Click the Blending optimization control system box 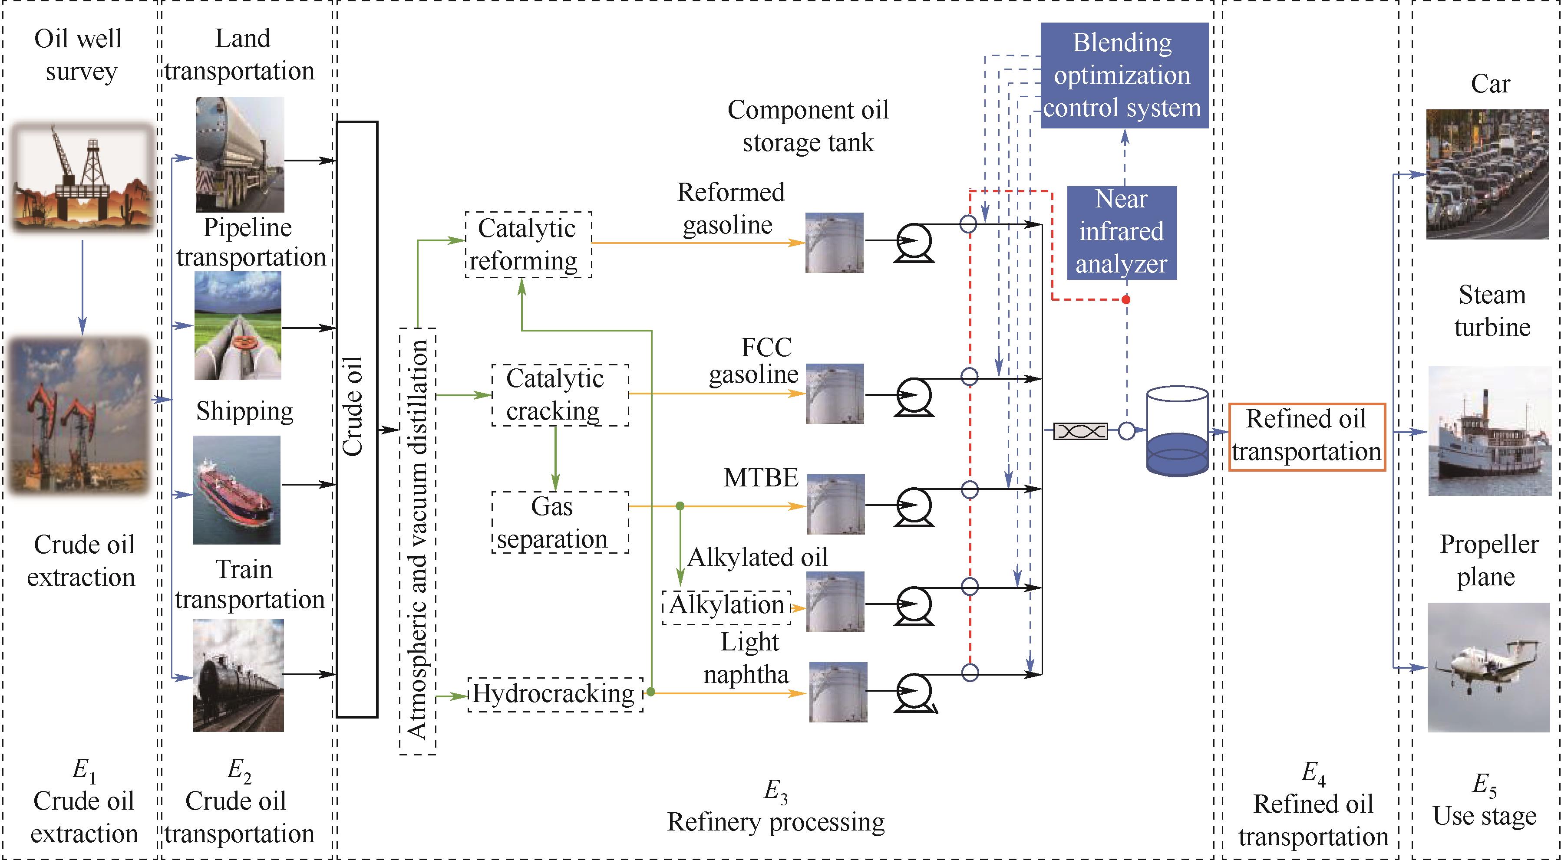tap(1124, 75)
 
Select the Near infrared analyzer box tap(1121, 233)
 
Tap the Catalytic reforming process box tap(528, 245)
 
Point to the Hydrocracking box tap(555, 694)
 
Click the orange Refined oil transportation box tap(1307, 436)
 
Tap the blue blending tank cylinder tap(1177, 431)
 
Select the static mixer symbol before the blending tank tap(1080, 431)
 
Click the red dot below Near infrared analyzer tap(1126, 300)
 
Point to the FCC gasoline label tap(753, 361)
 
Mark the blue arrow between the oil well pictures tap(83, 288)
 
